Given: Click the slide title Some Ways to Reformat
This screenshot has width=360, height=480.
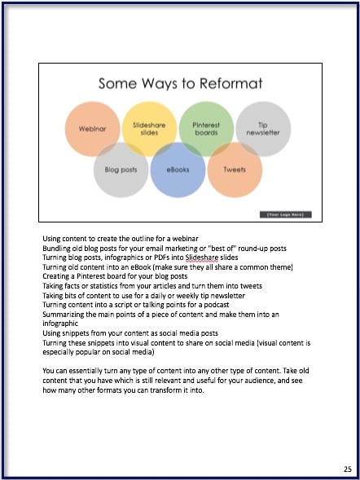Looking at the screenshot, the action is (181, 84).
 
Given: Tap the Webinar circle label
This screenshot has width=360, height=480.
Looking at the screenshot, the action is (92, 129).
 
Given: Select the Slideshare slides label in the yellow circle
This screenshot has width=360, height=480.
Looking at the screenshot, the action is (149, 129).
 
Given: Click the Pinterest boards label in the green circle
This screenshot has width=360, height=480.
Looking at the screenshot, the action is (206, 129).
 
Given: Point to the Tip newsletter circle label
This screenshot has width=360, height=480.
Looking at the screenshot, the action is (263, 129).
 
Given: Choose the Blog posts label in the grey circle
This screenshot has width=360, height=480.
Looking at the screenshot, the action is (121, 170).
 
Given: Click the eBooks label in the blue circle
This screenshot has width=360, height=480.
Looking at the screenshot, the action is (178, 170).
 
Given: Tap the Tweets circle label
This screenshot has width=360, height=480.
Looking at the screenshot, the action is (235, 170).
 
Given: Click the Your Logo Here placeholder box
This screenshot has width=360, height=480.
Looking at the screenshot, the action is (286, 214).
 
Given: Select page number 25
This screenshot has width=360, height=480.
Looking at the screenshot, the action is (348, 469).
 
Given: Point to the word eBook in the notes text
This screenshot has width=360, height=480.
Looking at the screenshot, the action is (140, 267).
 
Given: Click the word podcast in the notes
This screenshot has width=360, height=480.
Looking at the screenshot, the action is (217, 305).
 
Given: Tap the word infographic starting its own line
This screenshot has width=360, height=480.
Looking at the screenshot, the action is (60, 324).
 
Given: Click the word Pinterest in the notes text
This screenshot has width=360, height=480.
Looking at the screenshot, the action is (90, 276).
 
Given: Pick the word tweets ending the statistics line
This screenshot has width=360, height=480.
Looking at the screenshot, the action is (251, 286).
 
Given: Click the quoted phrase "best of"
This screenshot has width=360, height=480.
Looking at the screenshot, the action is (222, 249).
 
